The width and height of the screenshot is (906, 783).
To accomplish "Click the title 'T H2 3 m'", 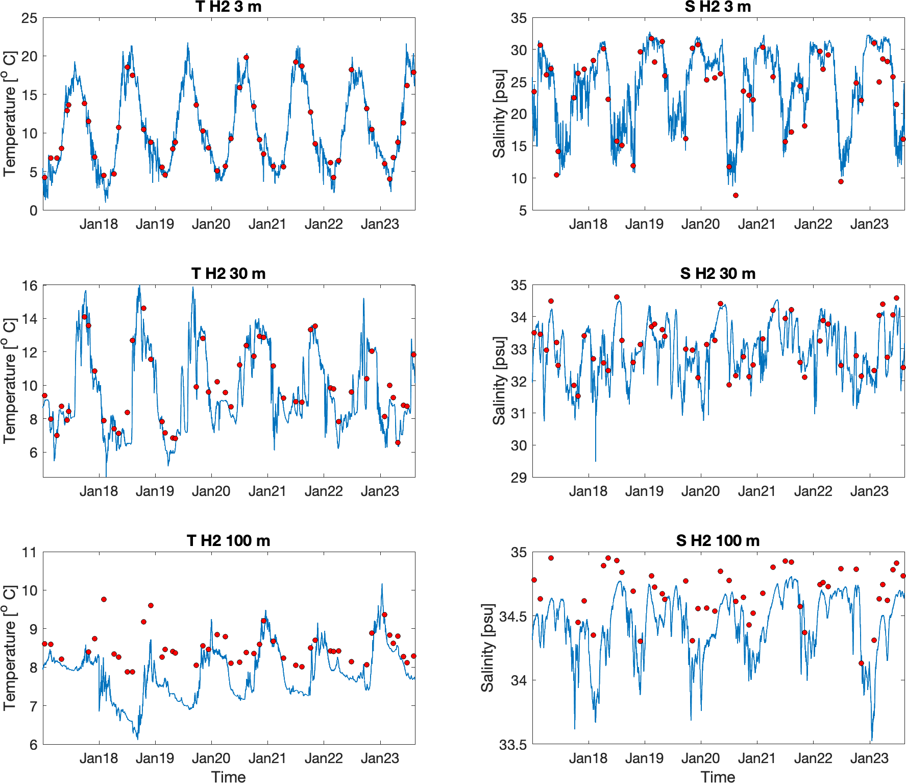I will click(228, 7).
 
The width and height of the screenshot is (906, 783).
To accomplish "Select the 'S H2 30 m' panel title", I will click(718, 274).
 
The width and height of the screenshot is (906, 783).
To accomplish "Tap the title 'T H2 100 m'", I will click(228, 541).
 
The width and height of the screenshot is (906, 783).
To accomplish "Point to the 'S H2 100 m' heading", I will click(718, 541).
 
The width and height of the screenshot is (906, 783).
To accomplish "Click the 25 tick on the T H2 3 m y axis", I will click(30, 18).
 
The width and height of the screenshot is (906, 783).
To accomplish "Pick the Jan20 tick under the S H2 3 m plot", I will click(700, 224).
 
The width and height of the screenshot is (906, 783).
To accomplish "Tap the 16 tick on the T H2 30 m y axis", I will click(30, 286).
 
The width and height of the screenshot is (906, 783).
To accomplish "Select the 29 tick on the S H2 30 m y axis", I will click(519, 478).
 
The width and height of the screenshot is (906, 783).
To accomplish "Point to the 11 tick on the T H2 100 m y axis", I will click(30, 553).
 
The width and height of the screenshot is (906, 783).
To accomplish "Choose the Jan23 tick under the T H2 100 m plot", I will click(380, 758).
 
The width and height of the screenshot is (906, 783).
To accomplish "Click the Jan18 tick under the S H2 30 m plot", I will click(588, 491).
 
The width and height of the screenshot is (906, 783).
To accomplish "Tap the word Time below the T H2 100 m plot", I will click(228, 777).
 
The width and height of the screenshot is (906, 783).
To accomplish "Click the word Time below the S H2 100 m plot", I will click(718, 777).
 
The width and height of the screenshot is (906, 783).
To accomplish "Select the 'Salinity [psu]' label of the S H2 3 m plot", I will click(499, 114).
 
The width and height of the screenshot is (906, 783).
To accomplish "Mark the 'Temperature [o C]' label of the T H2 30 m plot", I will click(10, 381).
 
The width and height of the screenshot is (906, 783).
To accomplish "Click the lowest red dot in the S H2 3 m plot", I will click(736, 195).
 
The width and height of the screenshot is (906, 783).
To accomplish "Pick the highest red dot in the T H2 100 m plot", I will click(104, 599).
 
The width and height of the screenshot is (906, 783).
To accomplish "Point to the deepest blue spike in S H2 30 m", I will click(595, 460).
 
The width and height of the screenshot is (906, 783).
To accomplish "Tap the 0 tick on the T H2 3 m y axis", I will click(33, 210).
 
